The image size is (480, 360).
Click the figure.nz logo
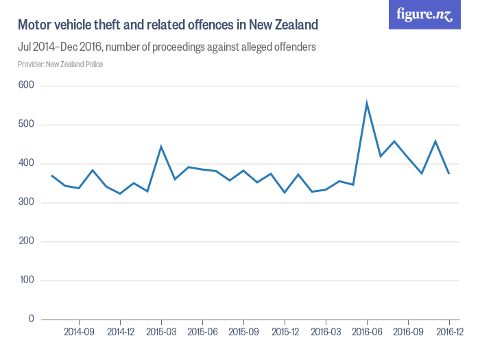(x=424, y=14)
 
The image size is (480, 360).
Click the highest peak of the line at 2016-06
(x=367, y=103)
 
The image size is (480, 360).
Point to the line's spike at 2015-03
(x=161, y=147)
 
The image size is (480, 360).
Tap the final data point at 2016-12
(x=449, y=174)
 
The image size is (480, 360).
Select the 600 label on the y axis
(x=26, y=85)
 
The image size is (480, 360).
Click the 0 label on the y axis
(x=32, y=319)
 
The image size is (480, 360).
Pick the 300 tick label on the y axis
(x=26, y=202)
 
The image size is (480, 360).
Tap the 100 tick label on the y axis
(x=27, y=280)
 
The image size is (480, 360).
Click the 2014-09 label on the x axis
(x=79, y=332)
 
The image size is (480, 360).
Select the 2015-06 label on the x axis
(x=202, y=332)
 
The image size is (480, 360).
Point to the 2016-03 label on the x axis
(x=326, y=332)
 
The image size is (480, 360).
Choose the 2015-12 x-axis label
(x=285, y=332)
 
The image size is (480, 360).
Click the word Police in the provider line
(x=94, y=64)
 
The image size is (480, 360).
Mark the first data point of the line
(x=51, y=176)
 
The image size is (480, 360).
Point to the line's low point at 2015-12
(x=285, y=193)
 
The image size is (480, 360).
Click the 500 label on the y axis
(x=26, y=124)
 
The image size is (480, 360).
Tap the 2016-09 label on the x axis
(x=408, y=332)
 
